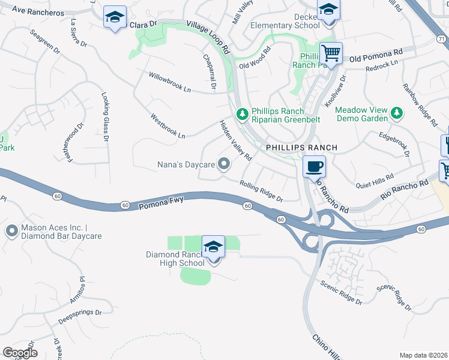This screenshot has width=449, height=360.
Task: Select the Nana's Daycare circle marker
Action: tap(224, 164)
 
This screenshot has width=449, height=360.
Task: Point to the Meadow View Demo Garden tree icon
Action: tap(396, 113)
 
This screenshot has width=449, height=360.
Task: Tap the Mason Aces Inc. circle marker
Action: tap(12, 231)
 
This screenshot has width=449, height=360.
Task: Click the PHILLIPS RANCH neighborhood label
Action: tap(302, 147)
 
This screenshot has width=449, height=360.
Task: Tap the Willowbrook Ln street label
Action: tap(170, 83)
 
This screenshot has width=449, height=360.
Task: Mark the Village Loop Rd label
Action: tap(208, 35)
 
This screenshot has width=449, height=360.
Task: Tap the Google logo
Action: tap(20, 353)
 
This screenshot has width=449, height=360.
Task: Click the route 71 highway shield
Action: tap(442, 38)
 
